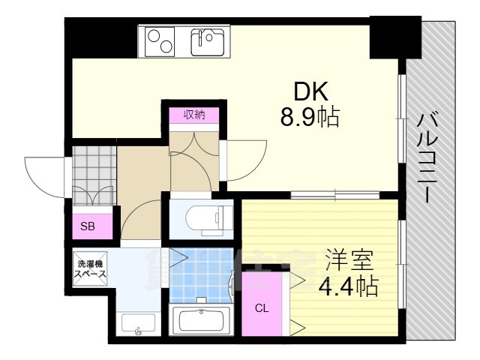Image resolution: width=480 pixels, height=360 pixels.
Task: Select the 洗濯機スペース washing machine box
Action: tap(91, 268)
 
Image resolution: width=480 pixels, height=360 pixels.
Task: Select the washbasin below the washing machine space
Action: tap(137, 324)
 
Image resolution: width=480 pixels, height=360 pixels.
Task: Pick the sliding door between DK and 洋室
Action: tap(313, 196)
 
